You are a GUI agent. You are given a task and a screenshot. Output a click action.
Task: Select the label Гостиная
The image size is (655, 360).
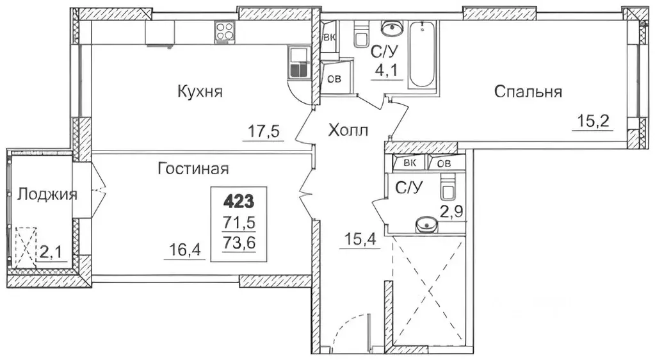193,169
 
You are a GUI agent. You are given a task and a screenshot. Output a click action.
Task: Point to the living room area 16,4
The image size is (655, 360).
188,249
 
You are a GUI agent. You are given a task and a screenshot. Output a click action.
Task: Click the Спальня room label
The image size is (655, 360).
528,92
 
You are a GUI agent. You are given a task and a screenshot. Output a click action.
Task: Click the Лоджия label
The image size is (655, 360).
47,194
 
